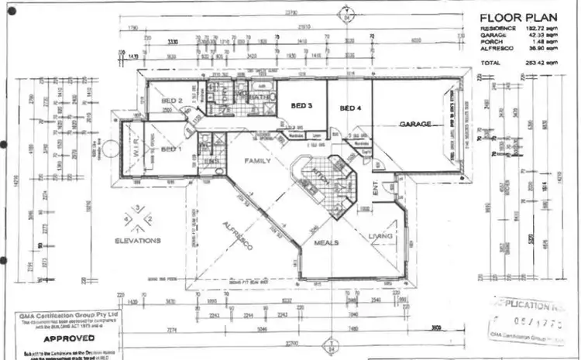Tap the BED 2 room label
click(x=171, y=101)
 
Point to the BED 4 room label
click(x=351, y=108)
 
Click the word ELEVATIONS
click(x=137, y=241)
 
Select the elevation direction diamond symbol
click(x=137, y=218)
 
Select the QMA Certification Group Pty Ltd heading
click(x=58, y=316)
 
